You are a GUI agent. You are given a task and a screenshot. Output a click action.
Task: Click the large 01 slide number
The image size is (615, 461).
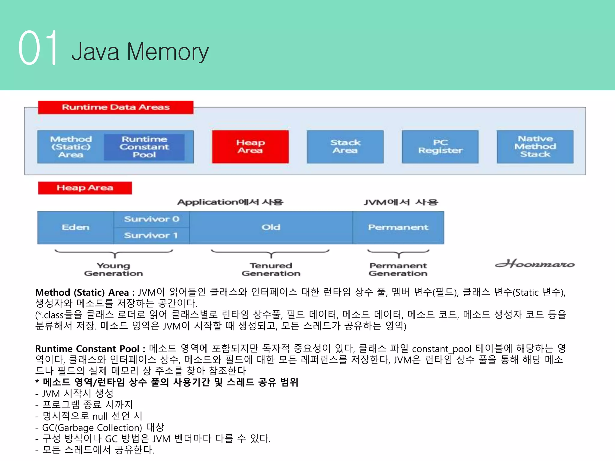click(x=38, y=48)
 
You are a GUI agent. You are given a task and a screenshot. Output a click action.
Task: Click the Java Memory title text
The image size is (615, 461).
click(x=140, y=52)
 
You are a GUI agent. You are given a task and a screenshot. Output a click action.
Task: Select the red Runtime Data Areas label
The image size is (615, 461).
click(x=116, y=107)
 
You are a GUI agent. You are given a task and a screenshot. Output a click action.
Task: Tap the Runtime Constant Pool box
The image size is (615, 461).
click(x=144, y=147)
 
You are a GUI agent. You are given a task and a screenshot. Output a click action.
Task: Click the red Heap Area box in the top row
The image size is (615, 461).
click(x=250, y=146)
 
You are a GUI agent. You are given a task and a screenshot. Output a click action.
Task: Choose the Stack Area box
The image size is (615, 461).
click(x=345, y=146)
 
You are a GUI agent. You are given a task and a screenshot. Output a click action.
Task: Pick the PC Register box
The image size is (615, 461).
click(x=440, y=146)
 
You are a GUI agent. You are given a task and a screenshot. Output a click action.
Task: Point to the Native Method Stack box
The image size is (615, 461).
click(x=535, y=146)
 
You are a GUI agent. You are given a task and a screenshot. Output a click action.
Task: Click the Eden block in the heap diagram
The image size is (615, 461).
click(x=75, y=227)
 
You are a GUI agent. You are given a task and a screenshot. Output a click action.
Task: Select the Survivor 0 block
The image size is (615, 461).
click(x=151, y=219)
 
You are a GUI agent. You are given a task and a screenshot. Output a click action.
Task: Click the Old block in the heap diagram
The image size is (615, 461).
click(x=271, y=227)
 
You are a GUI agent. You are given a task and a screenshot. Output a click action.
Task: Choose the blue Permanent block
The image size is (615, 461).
click(x=398, y=227)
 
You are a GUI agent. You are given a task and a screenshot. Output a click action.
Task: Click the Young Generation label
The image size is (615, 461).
click(x=114, y=269)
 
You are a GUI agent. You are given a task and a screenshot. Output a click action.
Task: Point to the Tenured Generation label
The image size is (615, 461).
click(x=271, y=269)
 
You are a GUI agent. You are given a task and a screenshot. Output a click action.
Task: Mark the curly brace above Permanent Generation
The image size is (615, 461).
click(x=398, y=253)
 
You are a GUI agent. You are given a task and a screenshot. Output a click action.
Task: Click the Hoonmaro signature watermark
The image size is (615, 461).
click(x=535, y=264)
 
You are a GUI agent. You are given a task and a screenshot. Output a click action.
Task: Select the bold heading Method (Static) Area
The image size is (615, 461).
click(x=82, y=292)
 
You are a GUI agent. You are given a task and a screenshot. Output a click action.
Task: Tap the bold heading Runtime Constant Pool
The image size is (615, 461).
click(x=87, y=349)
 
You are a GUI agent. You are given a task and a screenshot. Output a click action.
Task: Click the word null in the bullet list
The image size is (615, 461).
click(x=100, y=416)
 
